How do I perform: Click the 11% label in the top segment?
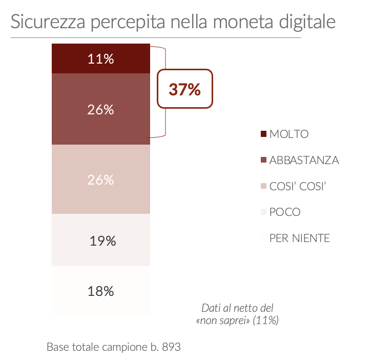pyautogui.click(x=100, y=59)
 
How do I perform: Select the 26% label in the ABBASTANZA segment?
pyautogui.click(x=100, y=109)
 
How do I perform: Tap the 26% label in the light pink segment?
pyautogui.click(x=100, y=180)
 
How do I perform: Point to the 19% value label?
pyautogui.click(x=102, y=241)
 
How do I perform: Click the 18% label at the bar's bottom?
pyautogui.click(x=100, y=291)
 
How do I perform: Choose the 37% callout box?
pyautogui.click(x=184, y=89)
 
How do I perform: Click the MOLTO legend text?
pyautogui.click(x=289, y=134)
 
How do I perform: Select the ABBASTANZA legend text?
pyautogui.click(x=304, y=160)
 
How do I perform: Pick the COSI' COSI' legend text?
pyautogui.click(x=298, y=186)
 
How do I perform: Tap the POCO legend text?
pyautogui.click(x=285, y=212)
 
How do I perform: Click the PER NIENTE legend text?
pyautogui.click(x=299, y=238)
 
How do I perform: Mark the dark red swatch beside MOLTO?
pyautogui.click(x=264, y=134)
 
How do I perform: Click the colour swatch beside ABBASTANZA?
pyautogui.click(x=264, y=160)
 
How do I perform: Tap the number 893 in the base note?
pyautogui.click(x=171, y=347)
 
